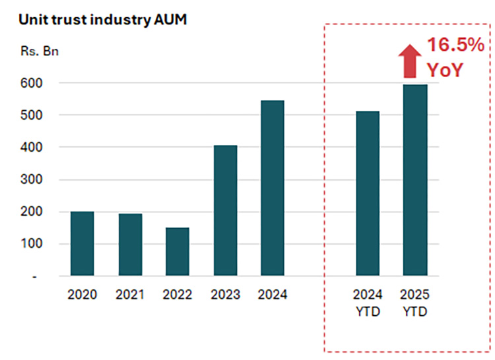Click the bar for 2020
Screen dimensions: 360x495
click(x=82, y=243)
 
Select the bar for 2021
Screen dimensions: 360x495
click(x=130, y=245)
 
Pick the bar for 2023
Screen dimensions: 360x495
click(x=225, y=210)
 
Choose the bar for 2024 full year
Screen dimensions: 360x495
click(x=273, y=188)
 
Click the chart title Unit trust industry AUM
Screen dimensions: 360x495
click(x=102, y=19)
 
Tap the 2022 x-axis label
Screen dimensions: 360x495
click(x=178, y=295)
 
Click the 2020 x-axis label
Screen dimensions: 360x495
click(x=82, y=295)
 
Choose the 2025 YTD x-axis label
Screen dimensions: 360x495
click(x=415, y=302)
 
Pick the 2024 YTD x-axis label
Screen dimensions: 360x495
click(x=368, y=302)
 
